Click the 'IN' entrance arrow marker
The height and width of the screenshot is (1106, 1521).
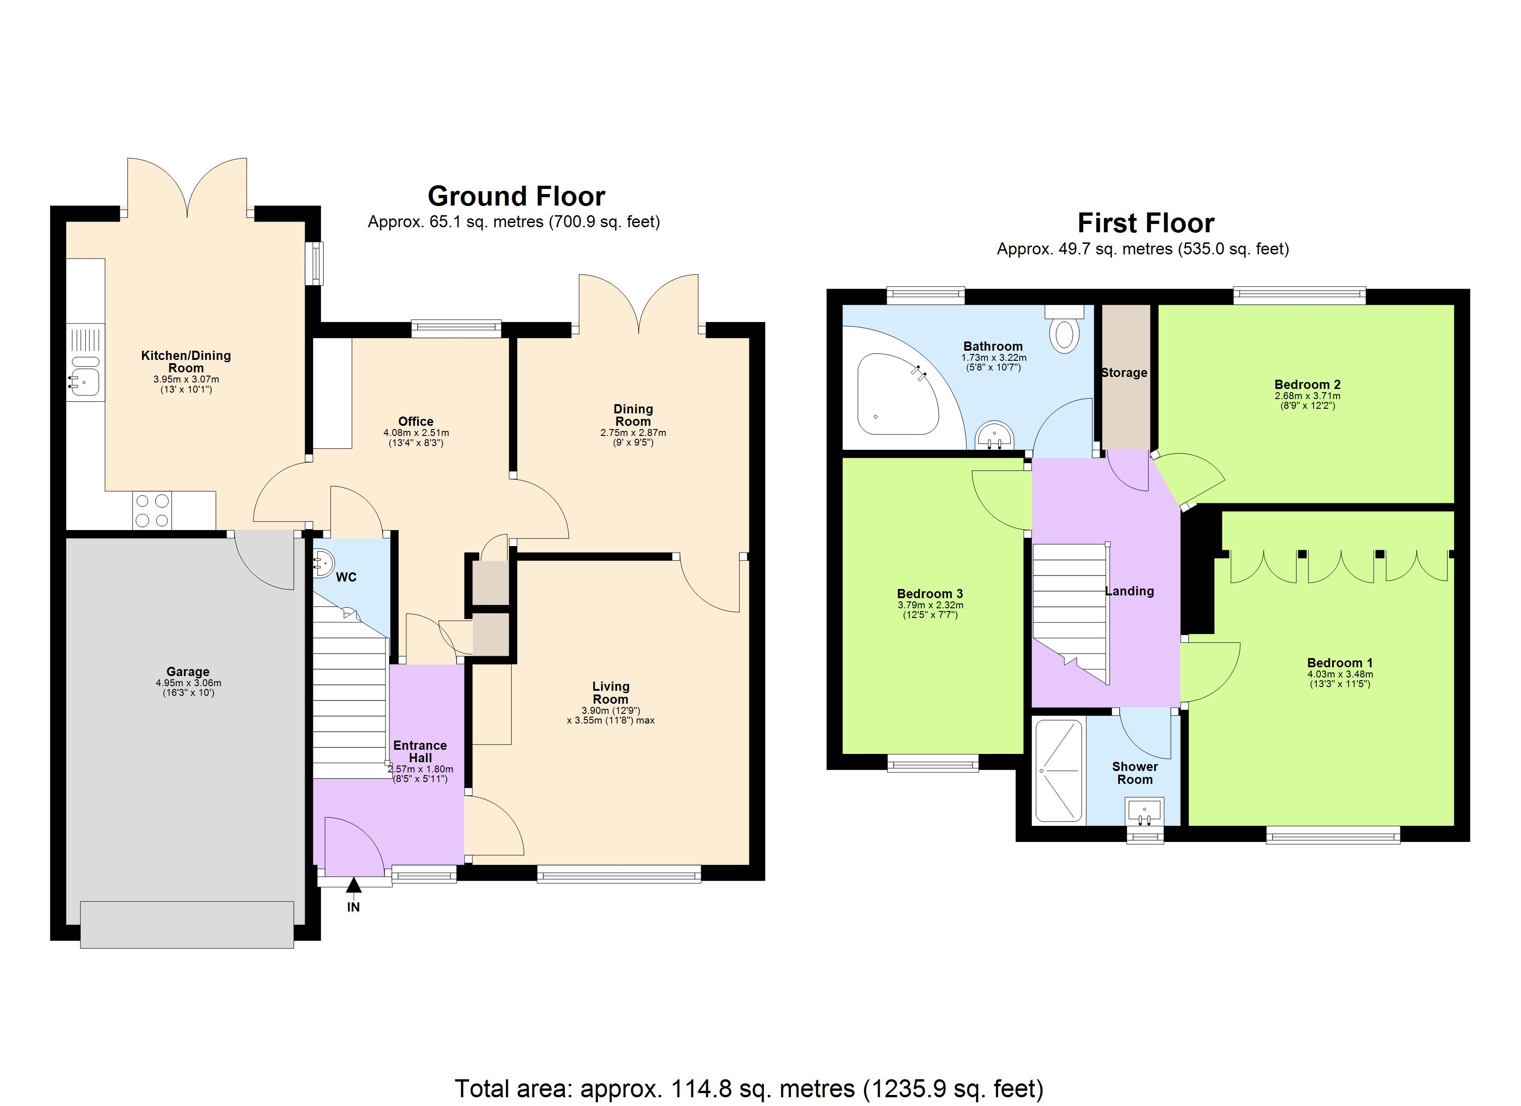pos(354,886)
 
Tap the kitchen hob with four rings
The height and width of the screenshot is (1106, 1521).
pos(152,511)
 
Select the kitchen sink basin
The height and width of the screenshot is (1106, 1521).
pos(85,382)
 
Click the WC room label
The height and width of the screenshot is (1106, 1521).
pos(346,577)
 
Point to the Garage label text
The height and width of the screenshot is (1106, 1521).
pos(188,671)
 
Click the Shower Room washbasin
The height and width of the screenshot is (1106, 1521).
pos(1145,812)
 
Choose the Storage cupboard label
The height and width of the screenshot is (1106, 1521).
pos(1124,373)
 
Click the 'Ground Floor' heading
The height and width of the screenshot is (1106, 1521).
pos(516,196)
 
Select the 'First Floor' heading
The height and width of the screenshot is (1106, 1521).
pos(1145,224)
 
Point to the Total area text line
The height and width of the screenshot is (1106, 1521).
pos(749,1088)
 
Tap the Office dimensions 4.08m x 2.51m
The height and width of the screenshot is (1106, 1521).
pos(416,433)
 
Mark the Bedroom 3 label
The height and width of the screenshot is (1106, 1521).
pos(930,594)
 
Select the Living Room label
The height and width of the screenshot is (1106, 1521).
pos(610,692)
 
